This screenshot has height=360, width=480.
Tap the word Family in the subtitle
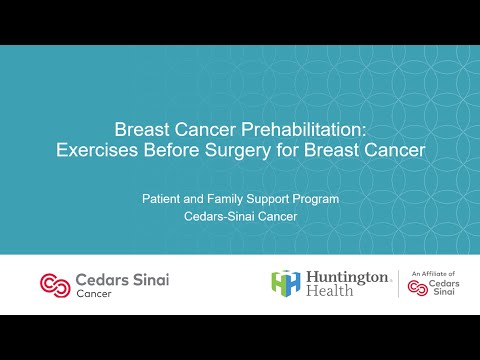pos(227,199)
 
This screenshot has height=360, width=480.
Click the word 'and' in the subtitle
pos(194,199)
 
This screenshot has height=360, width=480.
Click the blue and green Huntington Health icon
pos(285,283)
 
